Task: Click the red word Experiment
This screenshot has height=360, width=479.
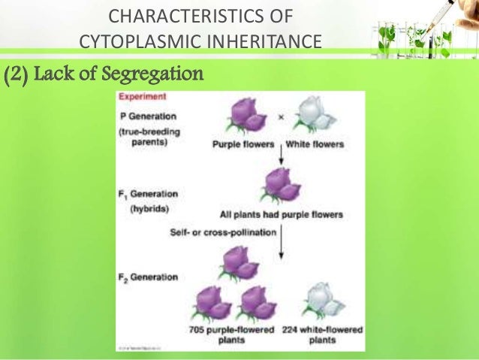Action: (x=143, y=97)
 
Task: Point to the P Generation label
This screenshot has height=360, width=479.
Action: (x=148, y=116)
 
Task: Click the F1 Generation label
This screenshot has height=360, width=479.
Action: (x=149, y=194)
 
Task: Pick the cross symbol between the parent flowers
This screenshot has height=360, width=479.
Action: (x=281, y=117)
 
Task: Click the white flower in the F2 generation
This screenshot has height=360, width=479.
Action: (x=320, y=301)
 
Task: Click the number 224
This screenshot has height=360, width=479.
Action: (x=291, y=330)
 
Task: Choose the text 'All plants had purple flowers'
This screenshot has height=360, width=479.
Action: (x=281, y=214)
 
